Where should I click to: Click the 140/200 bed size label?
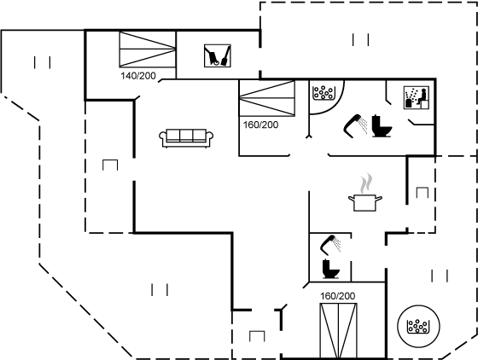pos(138,76)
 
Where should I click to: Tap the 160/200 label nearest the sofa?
pos(260,125)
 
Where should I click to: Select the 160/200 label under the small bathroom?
pos(337,296)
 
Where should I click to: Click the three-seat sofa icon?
pos(186,138)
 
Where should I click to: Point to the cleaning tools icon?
pos(218,55)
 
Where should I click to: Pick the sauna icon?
pos(417,97)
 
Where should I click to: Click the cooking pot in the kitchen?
pos(365,203)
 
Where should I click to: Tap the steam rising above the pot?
pos(365,183)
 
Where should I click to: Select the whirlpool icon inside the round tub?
pos(417,326)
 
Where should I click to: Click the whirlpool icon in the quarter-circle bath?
pos(324,93)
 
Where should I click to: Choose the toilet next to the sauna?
pos(382,125)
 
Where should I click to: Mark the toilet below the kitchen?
pos(331,269)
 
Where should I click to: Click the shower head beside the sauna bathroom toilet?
pos(355,125)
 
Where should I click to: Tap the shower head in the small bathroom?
pos(330,245)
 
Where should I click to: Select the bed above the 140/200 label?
pos(148,49)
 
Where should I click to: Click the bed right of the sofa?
pos(266,98)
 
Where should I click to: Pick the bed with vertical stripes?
pos(338,330)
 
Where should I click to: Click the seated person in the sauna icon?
pos(422,96)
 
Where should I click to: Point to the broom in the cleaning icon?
pos(225,56)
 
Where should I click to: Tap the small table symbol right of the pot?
pos(423,193)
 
